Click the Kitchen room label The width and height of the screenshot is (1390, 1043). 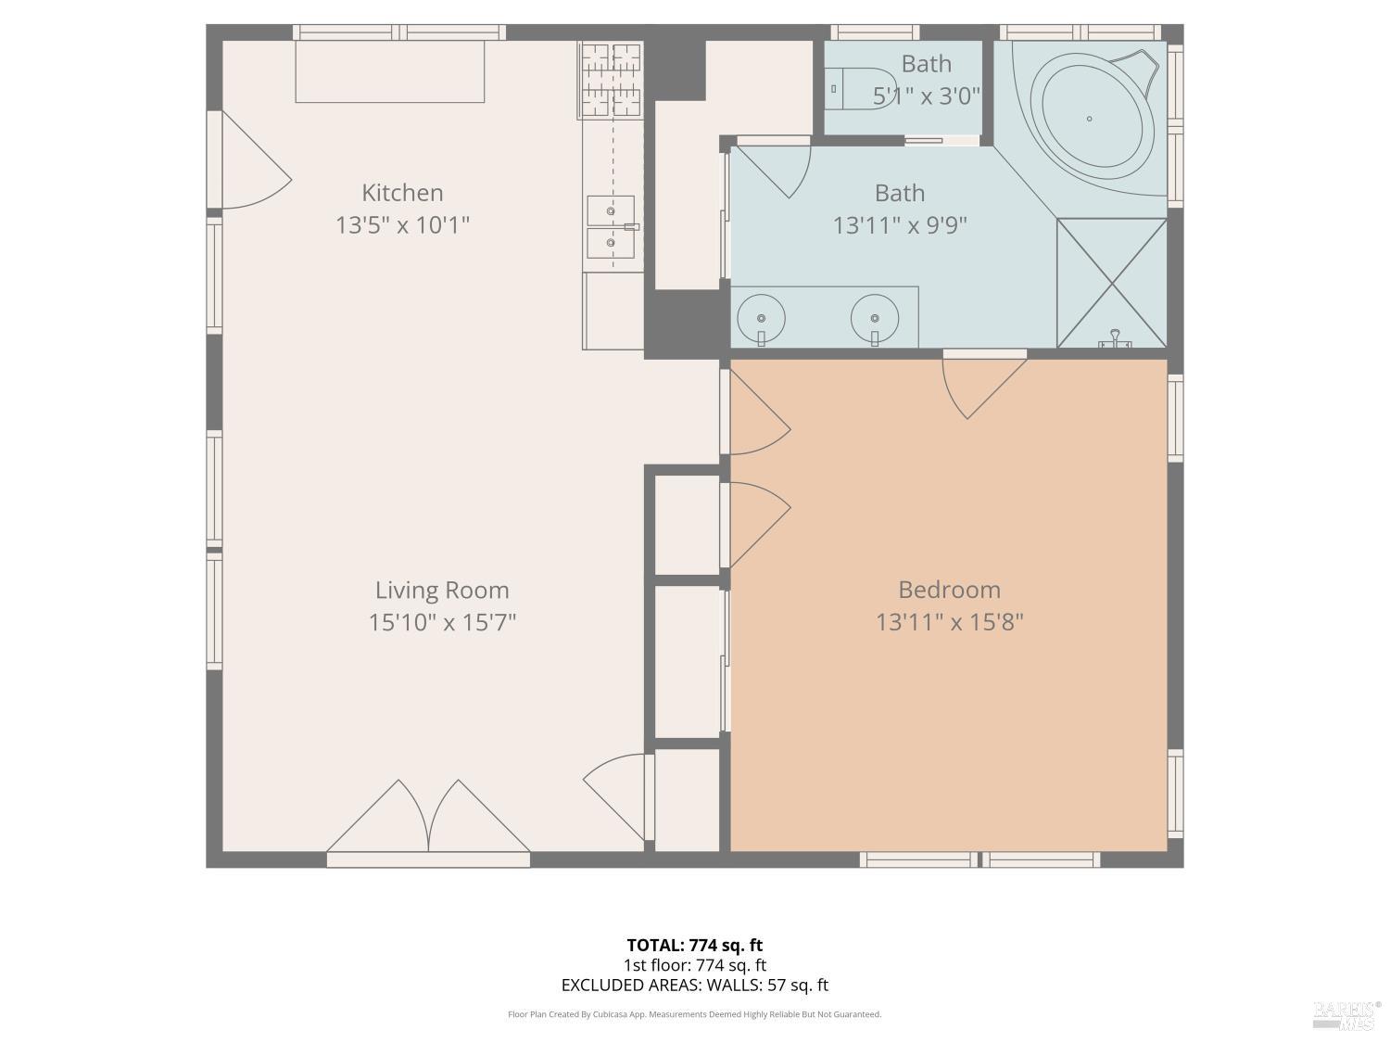402,193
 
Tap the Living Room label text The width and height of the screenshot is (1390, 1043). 442,590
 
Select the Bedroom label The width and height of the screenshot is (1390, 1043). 949,590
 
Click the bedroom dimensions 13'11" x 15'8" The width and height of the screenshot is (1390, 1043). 949,622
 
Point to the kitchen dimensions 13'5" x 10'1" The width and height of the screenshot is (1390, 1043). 402,225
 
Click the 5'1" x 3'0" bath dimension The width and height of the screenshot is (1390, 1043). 927,95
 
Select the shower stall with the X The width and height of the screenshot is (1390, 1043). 1111,283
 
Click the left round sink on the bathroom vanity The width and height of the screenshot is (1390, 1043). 761,318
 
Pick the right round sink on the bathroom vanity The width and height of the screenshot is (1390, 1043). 875,318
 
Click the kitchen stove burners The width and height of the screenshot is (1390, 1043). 612,81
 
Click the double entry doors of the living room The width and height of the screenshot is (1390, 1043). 428,820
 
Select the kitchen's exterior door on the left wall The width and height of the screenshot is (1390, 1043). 250,162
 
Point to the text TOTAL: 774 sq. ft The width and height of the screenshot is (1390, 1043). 694,946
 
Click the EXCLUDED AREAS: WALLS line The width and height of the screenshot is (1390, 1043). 694,986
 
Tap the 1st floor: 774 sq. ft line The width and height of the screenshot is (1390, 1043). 694,965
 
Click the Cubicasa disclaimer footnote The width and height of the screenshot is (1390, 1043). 694,1014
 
